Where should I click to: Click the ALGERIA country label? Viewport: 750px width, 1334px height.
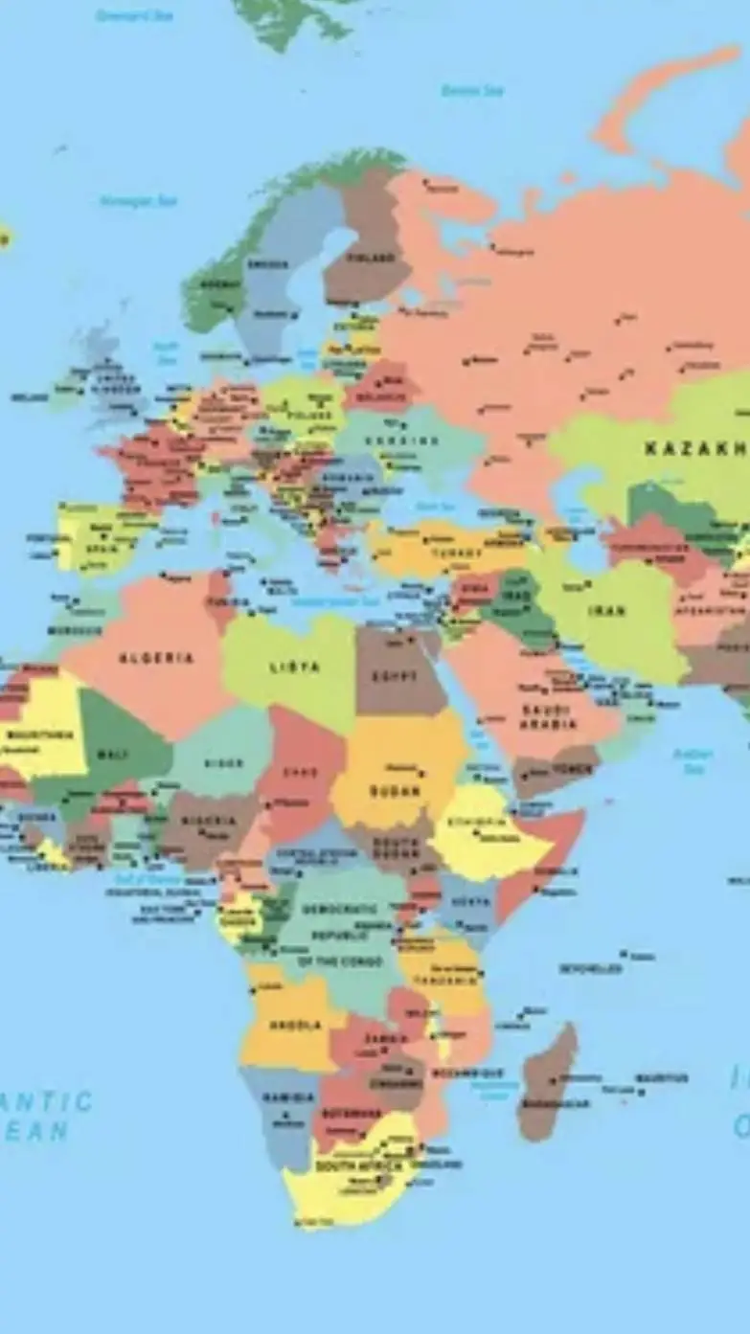(156, 658)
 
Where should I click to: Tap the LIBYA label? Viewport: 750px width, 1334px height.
(295, 667)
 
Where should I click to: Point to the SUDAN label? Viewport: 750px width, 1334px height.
(398, 792)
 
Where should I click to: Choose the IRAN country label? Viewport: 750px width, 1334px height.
(607, 610)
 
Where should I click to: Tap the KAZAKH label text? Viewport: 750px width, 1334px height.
(694, 448)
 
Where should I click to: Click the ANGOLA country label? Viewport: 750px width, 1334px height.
(295, 1025)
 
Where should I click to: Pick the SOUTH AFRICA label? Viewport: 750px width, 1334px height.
(347, 1167)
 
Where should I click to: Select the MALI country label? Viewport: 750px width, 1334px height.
(113, 755)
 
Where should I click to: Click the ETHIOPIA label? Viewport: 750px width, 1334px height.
(476, 822)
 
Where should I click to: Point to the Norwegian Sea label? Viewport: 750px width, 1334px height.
(139, 201)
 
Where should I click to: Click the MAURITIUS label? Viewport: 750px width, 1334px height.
(662, 1078)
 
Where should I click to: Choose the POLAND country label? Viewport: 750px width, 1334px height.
(314, 416)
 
